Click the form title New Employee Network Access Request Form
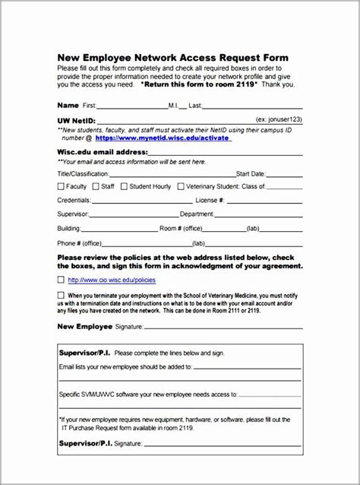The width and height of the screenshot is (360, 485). tap(172, 58)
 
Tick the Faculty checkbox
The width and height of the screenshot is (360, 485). tap(62, 186)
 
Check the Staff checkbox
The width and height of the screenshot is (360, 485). tap(96, 186)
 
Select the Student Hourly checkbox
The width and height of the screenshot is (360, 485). tap(124, 186)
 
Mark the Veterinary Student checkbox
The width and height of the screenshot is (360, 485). tap(181, 186)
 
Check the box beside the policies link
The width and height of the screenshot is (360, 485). tap(61, 280)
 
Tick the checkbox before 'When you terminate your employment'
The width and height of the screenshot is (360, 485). tap(61, 295)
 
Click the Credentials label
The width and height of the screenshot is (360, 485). tap(74, 201)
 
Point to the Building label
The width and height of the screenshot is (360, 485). tap(69, 228)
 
